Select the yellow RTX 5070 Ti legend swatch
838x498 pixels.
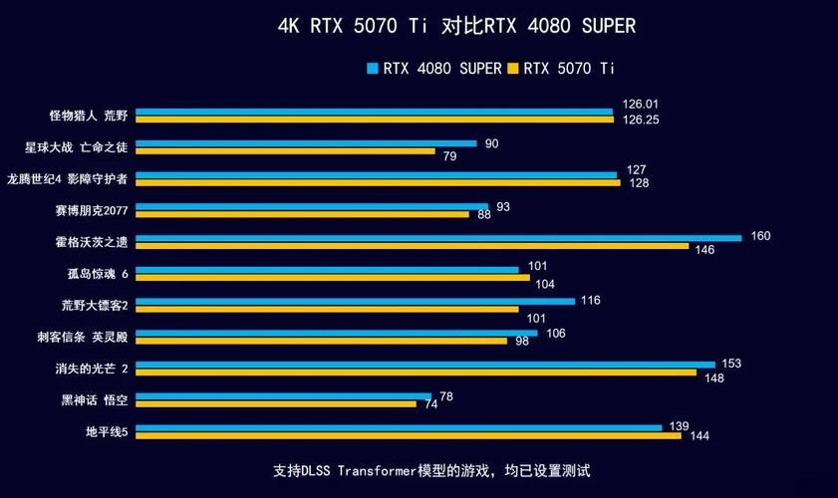click(514, 69)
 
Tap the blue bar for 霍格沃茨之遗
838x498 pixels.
click(438, 238)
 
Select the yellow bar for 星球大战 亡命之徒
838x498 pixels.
click(285, 151)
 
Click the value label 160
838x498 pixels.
click(761, 236)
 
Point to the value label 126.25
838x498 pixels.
click(641, 120)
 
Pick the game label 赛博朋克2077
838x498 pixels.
click(92, 210)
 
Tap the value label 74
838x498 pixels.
click(431, 404)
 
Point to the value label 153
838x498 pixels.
click(731, 364)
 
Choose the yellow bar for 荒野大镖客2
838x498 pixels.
click(327, 309)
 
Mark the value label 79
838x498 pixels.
click(449, 156)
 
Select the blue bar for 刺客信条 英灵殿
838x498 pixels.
click(336, 333)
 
